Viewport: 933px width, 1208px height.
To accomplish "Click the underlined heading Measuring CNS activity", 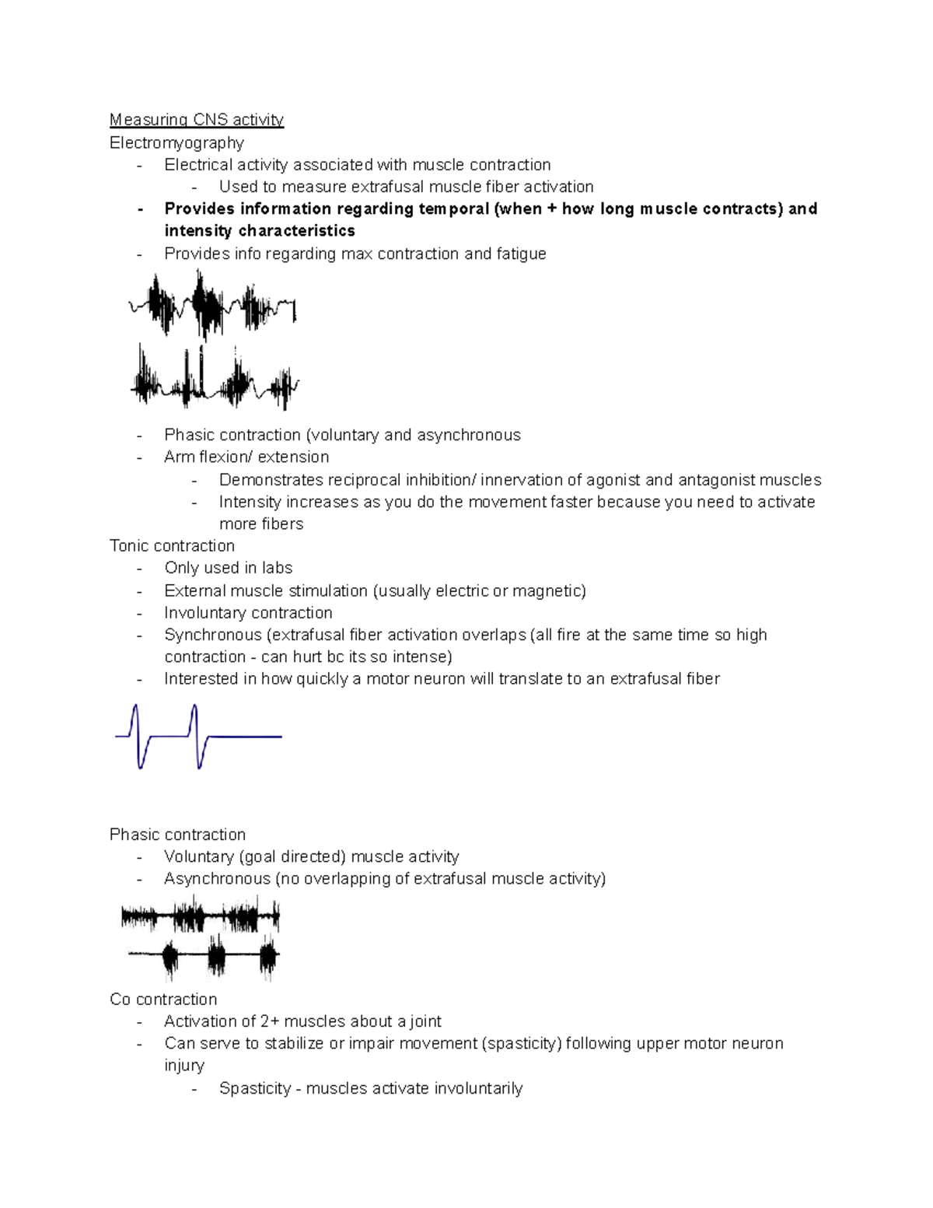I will [196, 120].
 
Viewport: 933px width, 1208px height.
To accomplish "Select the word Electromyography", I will [176, 142].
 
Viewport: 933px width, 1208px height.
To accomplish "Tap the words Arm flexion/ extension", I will [246, 457].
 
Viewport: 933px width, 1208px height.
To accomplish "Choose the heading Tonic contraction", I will [172, 545].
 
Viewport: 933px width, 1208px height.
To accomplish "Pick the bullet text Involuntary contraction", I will [248, 613].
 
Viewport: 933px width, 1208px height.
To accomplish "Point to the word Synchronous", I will [212, 635].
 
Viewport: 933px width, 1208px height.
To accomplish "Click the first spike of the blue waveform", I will [138, 735].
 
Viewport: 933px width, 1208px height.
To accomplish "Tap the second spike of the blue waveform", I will [196, 735].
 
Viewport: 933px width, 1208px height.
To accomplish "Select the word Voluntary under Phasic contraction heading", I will [199, 856].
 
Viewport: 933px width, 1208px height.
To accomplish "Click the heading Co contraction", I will [163, 999].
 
